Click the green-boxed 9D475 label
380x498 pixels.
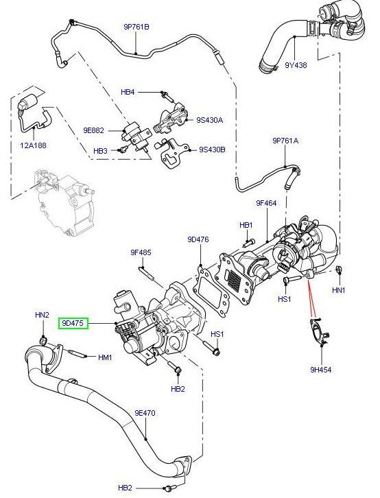[x=73, y=322]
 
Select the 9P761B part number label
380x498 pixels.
[x=136, y=27]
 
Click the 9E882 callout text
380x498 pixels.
[x=93, y=129]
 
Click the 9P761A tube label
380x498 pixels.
[x=285, y=140]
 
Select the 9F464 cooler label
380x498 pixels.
[x=266, y=203]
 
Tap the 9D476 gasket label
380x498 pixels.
[x=198, y=239]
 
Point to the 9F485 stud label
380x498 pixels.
[x=141, y=253]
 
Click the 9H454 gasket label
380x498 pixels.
[x=320, y=369]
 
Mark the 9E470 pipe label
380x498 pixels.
[x=145, y=413]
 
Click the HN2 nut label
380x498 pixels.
[x=42, y=315]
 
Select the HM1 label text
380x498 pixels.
[x=104, y=357]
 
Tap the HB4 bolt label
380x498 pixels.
[x=128, y=91]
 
